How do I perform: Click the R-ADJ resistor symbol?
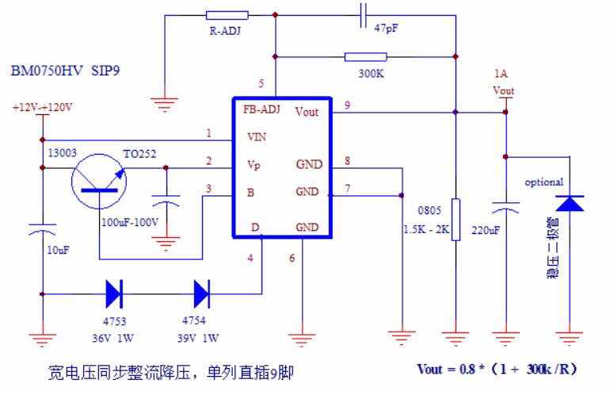coord(227,15)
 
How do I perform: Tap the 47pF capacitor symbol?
coord(363,16)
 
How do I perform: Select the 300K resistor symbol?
coord(366,57)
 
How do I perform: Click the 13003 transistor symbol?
coord(99,182)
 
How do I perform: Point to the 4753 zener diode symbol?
coord(114,294)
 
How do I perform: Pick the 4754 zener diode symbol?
coord(202,294)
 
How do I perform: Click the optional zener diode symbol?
coord(570,203)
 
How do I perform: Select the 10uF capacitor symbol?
coord(42,229)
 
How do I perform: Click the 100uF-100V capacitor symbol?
coord(166,201)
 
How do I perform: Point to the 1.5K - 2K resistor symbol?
coord(456,220)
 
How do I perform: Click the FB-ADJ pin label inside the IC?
coord(261,109)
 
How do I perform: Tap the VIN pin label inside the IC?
coord(257,137)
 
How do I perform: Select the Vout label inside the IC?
coord(307,112)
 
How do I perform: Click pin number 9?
coord(347,105)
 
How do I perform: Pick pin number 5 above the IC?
coord(261,83)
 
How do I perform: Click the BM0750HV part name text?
coord(47,71)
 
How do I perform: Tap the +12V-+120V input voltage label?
coord(42,107)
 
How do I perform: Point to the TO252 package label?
coord(139,154)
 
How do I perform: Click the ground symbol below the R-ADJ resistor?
coord(165,104)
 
